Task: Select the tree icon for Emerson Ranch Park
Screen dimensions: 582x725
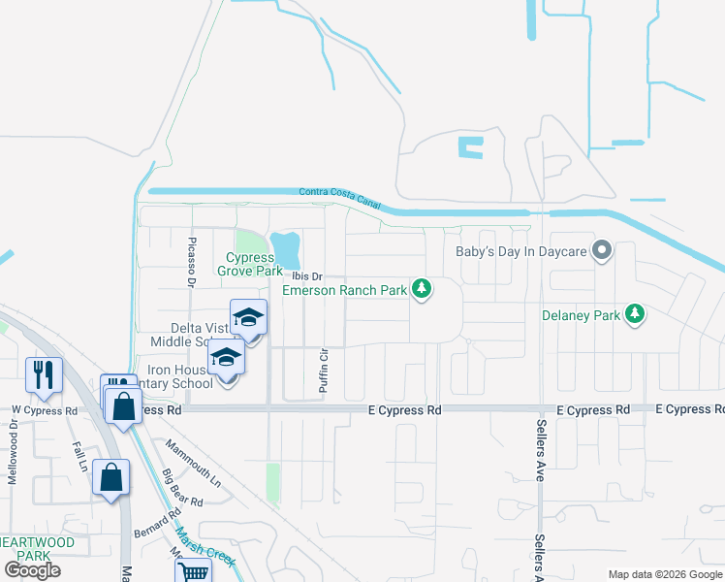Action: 422,288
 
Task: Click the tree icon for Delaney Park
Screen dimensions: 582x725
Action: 635,313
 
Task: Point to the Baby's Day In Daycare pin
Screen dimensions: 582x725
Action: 602,251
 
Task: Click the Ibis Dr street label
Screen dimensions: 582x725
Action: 307,276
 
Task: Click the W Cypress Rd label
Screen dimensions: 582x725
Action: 45,410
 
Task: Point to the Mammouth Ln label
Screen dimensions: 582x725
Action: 193,464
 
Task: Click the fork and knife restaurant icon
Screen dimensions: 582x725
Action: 45,373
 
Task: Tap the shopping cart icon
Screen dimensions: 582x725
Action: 194,572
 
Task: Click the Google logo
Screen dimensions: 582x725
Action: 32,570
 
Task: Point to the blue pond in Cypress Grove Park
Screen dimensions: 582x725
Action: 286,250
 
